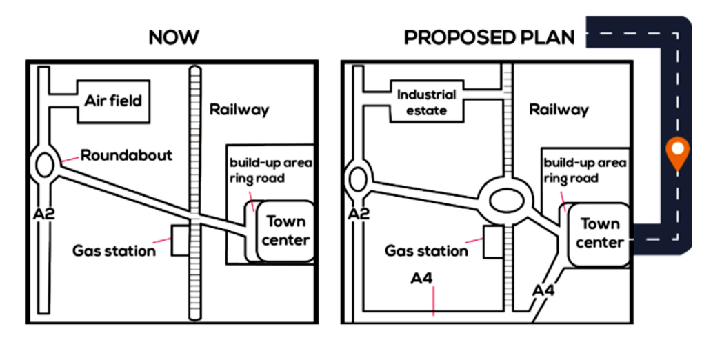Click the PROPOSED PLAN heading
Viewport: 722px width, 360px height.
pos(489,38)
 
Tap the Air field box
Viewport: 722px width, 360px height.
pos(113,101)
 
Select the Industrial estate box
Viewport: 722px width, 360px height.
pos(426,103)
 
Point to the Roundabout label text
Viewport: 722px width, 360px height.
pos(126,155)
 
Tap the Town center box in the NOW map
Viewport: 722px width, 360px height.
pos(285,231)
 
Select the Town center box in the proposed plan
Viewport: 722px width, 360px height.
pos(599,233)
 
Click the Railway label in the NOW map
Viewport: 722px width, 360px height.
pos(239,109)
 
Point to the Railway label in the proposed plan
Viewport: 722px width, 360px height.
pos(559,109)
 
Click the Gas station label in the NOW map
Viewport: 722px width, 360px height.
pos(114,250)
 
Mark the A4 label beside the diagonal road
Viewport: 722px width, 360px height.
pos(543,290)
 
